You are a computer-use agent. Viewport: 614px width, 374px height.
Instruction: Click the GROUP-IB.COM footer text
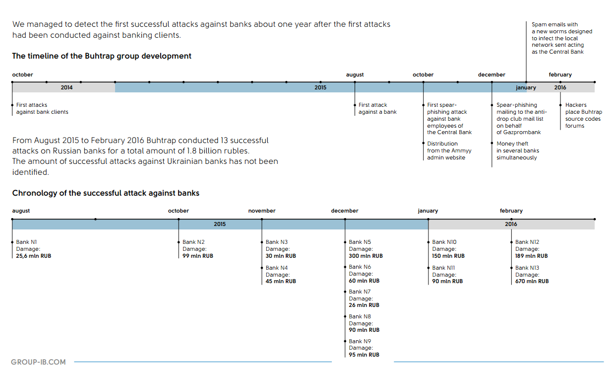(x=38, y=362)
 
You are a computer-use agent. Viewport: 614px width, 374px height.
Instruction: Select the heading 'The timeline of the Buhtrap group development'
(x=102, y=56)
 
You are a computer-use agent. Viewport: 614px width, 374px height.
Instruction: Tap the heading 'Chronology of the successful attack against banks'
(x=106, y=193)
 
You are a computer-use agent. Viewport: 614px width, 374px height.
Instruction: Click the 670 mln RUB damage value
(x=532, y=281)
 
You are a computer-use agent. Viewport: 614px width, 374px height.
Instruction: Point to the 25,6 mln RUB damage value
(x=33, y=256)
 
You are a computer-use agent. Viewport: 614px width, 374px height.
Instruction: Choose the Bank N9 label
(x=360, y=341)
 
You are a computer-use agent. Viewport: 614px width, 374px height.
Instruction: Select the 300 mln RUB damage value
(x=366, y=256)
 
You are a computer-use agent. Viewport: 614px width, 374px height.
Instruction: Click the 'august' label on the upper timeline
(x=355, y=75)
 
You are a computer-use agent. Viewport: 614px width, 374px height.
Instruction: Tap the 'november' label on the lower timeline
(x=262, y=211)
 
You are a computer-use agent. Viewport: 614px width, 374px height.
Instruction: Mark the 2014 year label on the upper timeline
(x=66, y=88)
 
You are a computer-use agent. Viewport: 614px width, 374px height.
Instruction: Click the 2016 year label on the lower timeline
(x=511, y=224)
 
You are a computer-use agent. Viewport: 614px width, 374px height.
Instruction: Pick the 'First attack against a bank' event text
(x=377, y=108)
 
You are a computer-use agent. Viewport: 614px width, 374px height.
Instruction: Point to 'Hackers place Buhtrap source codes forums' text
(x=583, y=115)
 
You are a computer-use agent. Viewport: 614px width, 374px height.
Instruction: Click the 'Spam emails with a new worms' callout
(x=561, y=38)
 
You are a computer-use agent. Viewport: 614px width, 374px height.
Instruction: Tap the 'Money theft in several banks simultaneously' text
(x=517, y=150)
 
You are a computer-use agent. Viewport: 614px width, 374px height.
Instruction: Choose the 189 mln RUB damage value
(x=531, y=256)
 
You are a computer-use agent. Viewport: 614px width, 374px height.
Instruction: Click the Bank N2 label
(x=193, y=242)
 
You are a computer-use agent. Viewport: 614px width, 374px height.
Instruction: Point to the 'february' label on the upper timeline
(x=560, y=75)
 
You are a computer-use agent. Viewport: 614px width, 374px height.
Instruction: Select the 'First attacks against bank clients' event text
(x=42, y=108)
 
